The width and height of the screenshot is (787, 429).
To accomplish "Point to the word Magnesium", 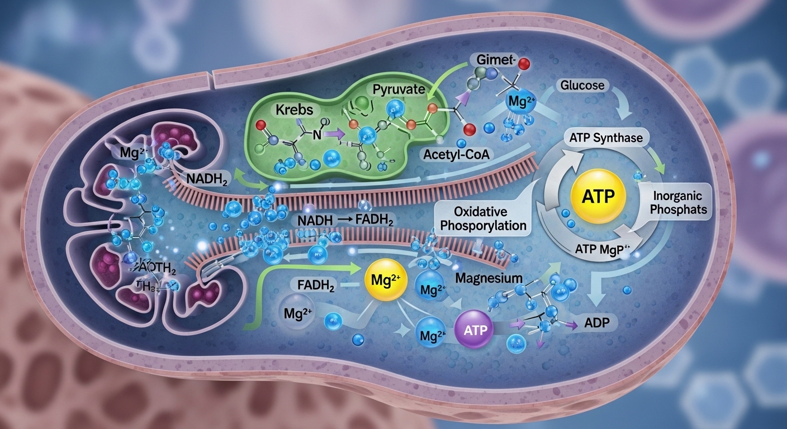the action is [488, 278].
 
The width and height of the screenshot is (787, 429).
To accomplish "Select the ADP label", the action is [598, 322].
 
